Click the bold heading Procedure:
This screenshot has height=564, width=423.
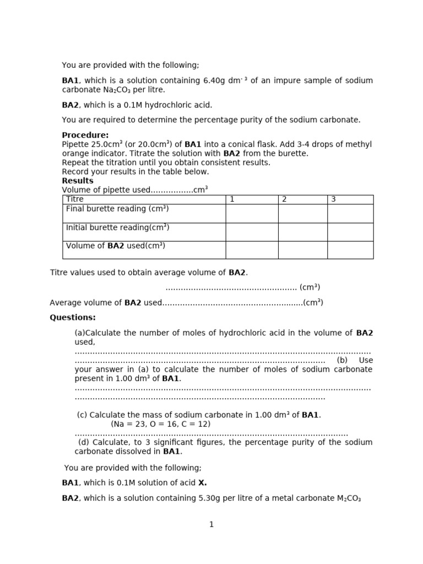pos(85,135)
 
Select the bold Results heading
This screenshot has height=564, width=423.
pos(78,181)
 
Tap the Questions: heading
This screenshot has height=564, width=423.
pos(73,317)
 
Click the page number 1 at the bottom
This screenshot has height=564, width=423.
pos(211,524)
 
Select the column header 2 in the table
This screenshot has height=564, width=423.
pos(284,199)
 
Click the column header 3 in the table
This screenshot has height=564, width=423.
pos(333,199)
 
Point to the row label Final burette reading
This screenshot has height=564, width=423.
pos(117,209)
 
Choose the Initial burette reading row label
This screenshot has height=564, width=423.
pos(117,227)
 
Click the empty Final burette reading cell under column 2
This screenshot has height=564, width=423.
pos(302,213)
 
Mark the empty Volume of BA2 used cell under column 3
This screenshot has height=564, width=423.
pos(350,250)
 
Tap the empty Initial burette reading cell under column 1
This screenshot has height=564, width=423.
pos(252,231)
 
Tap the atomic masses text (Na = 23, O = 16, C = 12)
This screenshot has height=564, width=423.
pos(160,424)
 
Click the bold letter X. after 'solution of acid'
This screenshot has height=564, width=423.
pos(203,483)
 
